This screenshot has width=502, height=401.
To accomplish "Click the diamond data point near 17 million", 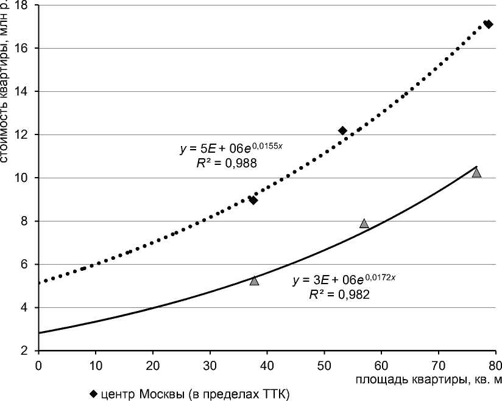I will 487,24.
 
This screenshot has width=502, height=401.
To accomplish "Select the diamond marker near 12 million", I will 342,131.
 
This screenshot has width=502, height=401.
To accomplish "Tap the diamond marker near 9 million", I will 253,200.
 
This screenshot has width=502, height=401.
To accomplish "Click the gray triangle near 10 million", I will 476,173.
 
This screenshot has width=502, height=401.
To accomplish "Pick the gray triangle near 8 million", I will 364,223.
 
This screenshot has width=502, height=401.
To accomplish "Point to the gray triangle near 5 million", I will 254,281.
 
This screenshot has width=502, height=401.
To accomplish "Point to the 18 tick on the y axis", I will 27,5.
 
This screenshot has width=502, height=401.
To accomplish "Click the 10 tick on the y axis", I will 27,178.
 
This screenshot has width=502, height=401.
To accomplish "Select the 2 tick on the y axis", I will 30,351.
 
